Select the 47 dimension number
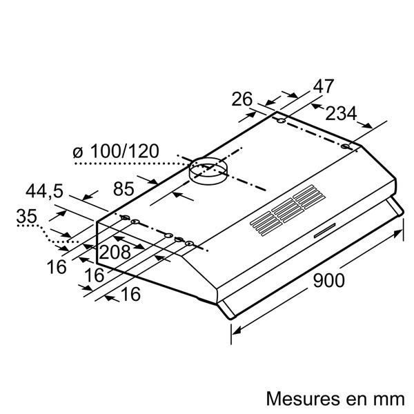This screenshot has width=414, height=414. click(x=322, y=86)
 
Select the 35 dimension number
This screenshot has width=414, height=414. click(x=26, y=216)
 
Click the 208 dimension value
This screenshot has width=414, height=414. click(x=115, y=253)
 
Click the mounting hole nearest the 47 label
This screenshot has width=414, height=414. click(x=282, y=122)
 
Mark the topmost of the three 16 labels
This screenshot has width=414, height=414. click(x=59, y=266)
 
